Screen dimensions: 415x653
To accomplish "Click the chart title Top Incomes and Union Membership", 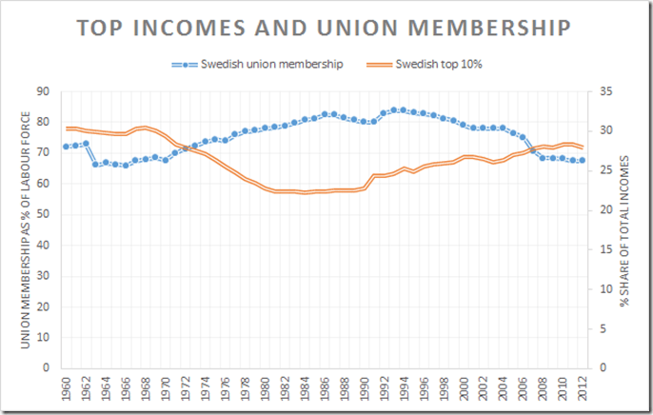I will (x=326, y=29).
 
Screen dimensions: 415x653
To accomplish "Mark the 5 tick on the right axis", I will (x=604, y=327).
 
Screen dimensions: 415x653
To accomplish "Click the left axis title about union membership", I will (x=17, y=228).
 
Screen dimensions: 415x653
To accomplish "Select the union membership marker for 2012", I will (x=583, y=160).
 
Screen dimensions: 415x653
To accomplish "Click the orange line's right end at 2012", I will (x=583, y=147).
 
